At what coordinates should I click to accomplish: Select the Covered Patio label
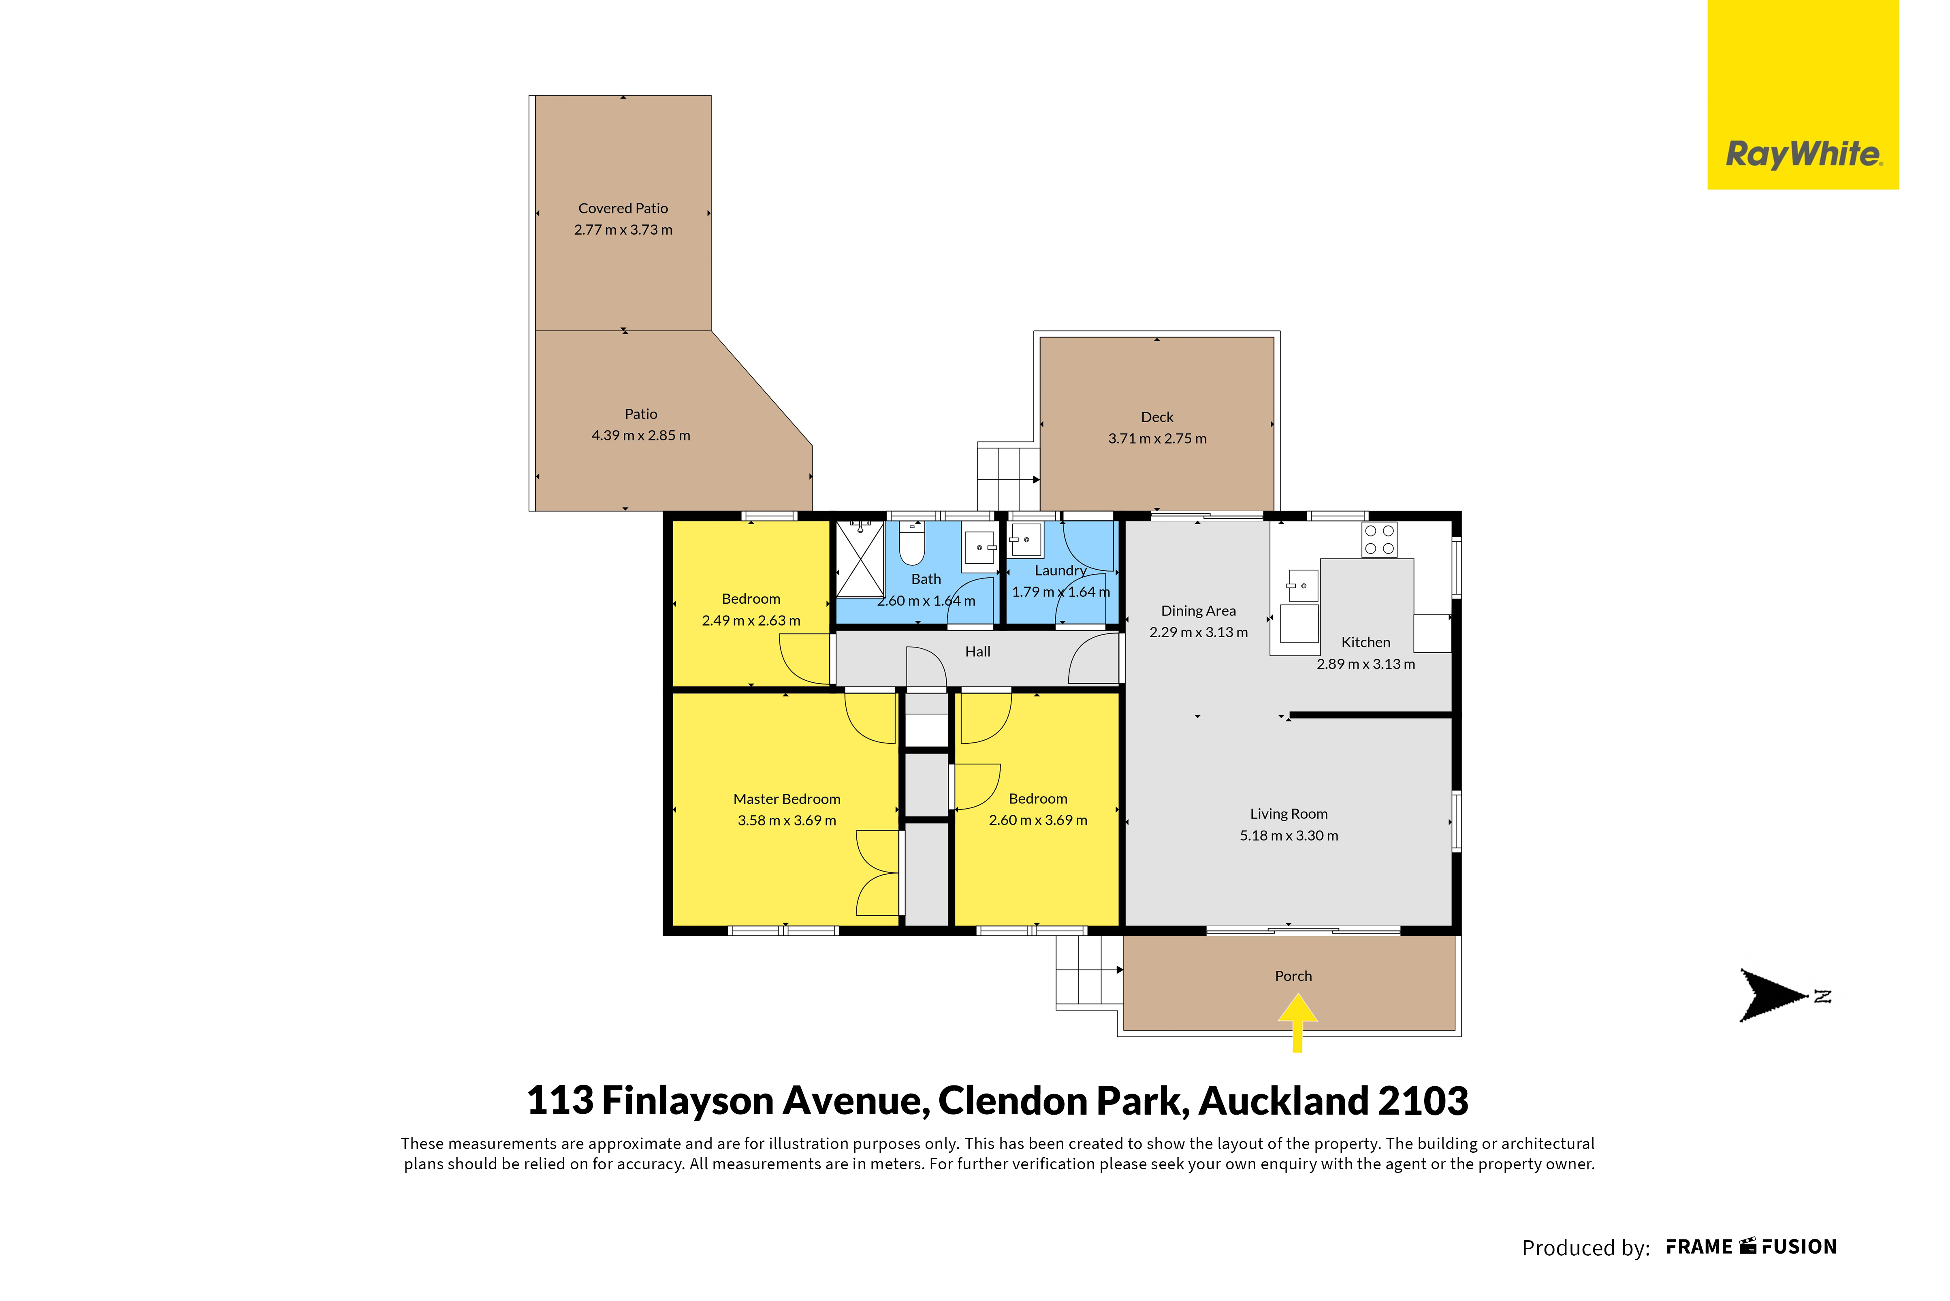pyautogui.click(x=623, y=208)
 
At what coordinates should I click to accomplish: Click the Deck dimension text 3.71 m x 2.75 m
pyautogui.click(x=1157, y=438)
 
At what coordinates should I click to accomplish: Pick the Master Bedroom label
pyautogui.click(x=786, y=799)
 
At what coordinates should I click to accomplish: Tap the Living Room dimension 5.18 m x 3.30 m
pyautogui.click(x=1289, y=835)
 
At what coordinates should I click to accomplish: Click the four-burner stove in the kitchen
pyautogui.click(x=1379, y=539)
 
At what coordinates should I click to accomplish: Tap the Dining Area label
pyautogui.click(x=1199, y=611)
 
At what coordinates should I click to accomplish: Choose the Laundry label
pyautogui.click(x=1061, y=571)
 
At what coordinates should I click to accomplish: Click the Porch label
pyautogui.click(x=1294, y=976)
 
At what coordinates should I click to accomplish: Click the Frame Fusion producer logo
pyautogui.click(x=1751, y=1247)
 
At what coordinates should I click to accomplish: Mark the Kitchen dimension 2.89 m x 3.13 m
pyautogui.click(x=1366, y=664)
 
